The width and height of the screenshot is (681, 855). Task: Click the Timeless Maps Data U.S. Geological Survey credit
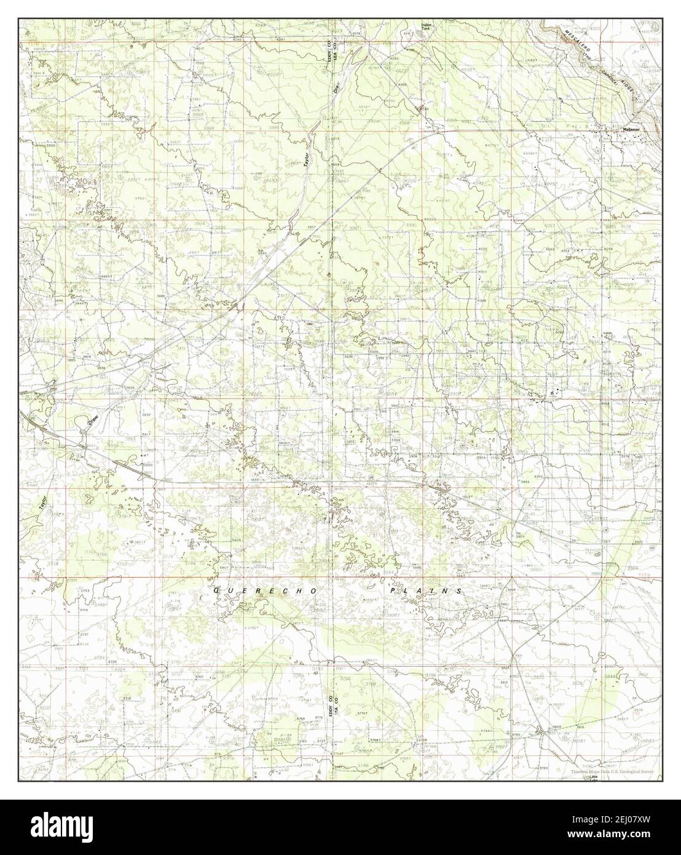[611, 771]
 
